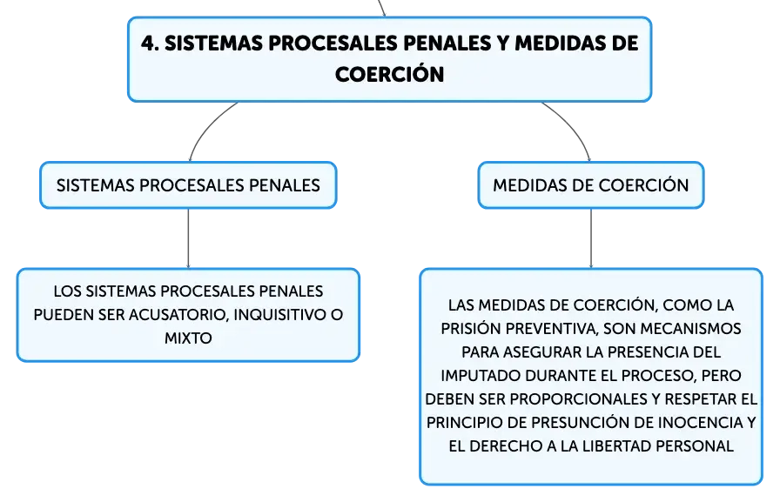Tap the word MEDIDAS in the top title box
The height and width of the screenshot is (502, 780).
pyautogui.click(x=560, y=44)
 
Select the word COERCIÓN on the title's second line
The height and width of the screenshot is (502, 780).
pyautogui.click(x=389, y=75)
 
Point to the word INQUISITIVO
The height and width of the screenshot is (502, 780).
pyautogui.click(x=279, y=315)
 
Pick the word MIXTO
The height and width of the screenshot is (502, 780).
pyautogui.click(x=188, y=338)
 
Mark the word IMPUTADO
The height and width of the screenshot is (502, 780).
pyautogui.click(x=481, y=375)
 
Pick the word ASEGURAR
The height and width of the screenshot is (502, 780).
pyautogui.click(x=542, y=351)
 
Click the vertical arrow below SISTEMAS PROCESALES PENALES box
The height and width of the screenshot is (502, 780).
pyautogui.click(x=188, y=238)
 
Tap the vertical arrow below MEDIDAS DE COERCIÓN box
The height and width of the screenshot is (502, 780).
pyautogui.click(x=591, y=238)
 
